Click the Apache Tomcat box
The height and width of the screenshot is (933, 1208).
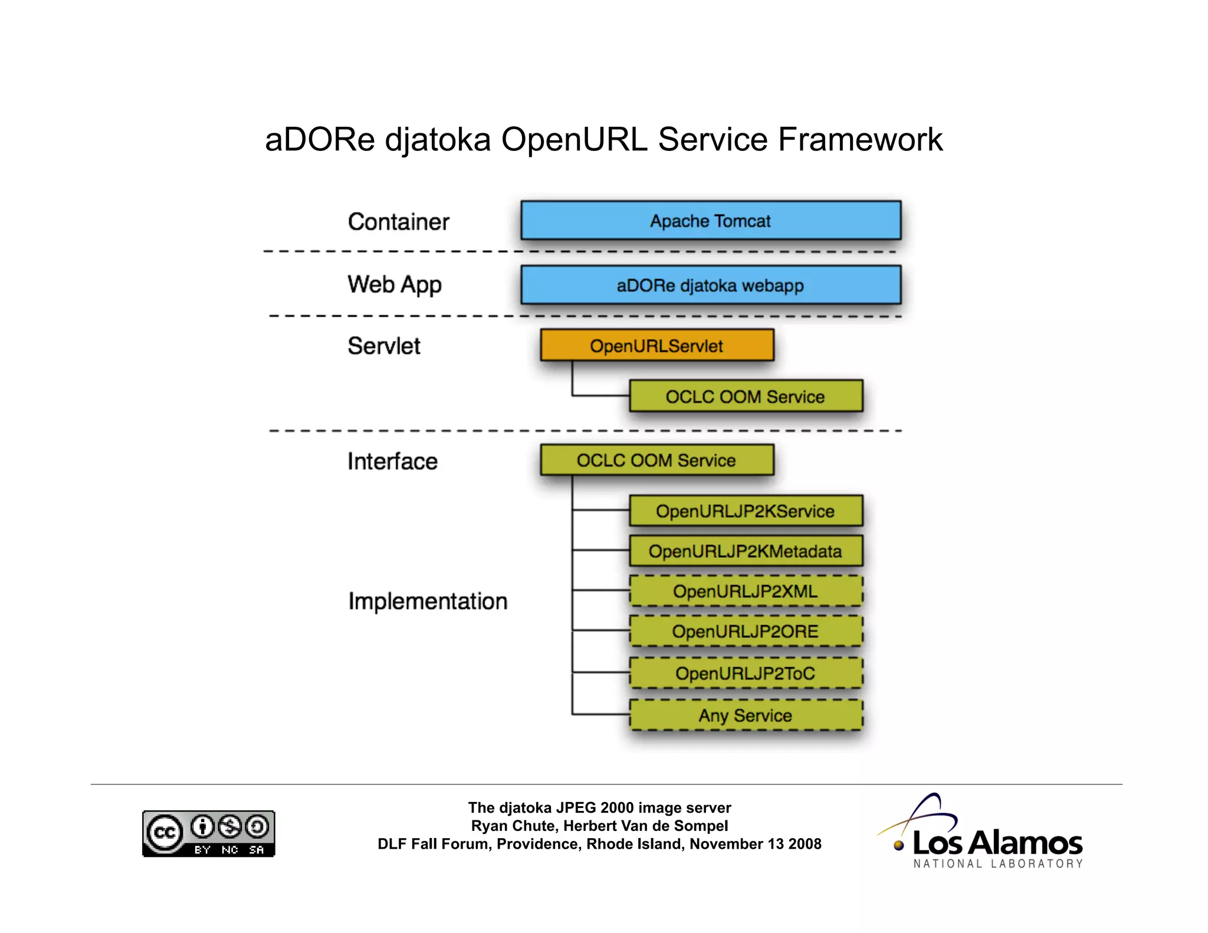[711, 221]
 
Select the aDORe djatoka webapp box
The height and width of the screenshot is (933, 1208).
[711, 285]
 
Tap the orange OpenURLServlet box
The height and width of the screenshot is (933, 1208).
[656, 346]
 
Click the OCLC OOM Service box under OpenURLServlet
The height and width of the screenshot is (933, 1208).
[746, 396]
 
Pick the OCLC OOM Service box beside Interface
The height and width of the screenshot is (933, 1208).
[656, 460]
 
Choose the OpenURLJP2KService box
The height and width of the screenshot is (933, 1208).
[746, 511]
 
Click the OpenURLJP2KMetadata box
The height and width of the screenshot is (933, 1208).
[746, 551]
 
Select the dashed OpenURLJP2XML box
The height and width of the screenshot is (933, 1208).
[746, 591]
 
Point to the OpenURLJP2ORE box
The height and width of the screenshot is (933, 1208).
[746, 632]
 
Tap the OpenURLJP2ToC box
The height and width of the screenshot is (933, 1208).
[746, 673]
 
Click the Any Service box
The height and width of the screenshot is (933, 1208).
[746, 715]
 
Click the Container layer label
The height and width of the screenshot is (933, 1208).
[398, 222]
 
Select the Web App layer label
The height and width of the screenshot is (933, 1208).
[394, 285]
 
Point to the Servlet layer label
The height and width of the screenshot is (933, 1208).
[384, 346]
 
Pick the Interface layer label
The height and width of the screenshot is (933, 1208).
[392, 461]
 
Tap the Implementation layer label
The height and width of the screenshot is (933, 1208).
[428, 601]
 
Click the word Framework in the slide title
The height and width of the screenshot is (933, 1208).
[860, 140]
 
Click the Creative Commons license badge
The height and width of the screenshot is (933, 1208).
[208, 833]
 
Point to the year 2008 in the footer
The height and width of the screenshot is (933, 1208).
[805, 844]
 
